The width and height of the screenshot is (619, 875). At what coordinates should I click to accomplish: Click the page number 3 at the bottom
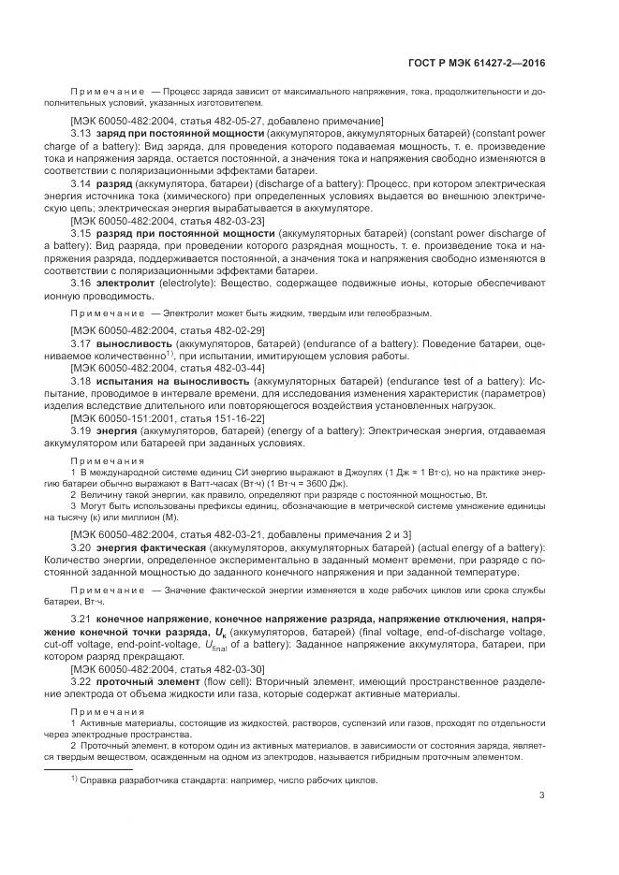(x=542, y=796)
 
